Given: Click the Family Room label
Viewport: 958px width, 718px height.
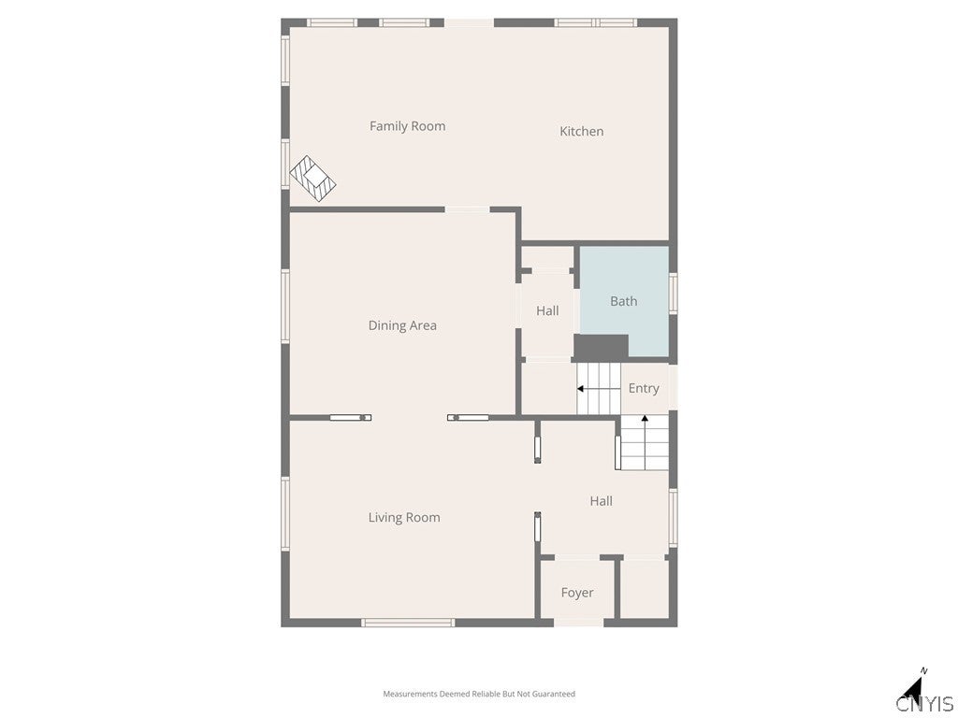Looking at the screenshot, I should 407,126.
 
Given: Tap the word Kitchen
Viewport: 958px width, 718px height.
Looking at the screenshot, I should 581,132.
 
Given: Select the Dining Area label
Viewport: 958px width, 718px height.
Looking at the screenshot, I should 402,326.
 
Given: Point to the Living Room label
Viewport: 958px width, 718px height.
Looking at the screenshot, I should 404,518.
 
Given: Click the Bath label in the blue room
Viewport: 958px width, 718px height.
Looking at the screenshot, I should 623,301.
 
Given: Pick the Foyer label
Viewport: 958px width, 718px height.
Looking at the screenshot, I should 577,593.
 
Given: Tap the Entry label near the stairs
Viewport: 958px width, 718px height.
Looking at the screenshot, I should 644,388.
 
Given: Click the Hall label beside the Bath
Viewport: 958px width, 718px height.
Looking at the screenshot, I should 547,311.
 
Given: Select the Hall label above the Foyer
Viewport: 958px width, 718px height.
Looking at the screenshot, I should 601,501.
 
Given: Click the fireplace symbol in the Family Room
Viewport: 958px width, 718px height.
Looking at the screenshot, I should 312,178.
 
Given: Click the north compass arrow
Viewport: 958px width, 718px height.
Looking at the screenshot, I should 914,689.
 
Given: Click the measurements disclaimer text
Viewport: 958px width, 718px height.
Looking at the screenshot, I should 479,694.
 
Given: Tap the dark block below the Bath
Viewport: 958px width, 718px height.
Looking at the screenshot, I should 601,347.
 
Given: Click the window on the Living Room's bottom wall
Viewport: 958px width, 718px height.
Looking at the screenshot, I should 408,622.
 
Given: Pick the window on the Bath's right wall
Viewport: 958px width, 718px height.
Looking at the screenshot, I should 673,293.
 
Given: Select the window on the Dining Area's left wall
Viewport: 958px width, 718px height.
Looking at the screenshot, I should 285,306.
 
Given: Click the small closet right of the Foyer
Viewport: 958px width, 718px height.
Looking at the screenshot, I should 645,589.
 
